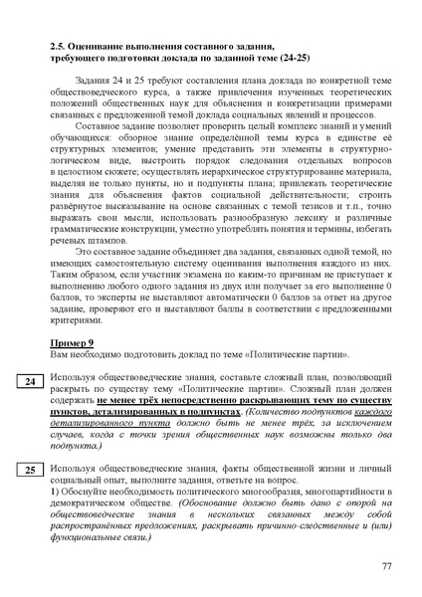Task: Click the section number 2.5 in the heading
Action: point(59,47)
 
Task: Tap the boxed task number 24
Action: point(30,381)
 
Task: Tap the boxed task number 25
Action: point(30,469)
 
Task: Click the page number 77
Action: point(387,566)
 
